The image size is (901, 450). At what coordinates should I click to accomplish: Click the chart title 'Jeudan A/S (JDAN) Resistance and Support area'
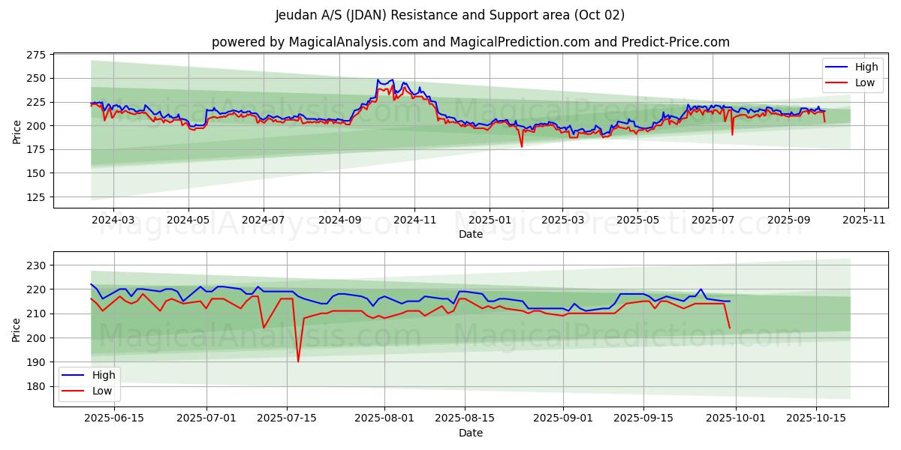coord(450,15)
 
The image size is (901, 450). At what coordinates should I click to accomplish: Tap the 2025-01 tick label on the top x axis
coord(490,220)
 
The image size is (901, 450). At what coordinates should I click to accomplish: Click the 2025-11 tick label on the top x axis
coord(864,220)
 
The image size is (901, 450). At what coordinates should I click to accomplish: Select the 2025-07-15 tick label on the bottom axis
coord(287,418)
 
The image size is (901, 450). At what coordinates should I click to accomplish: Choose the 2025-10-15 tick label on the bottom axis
coord(815,418)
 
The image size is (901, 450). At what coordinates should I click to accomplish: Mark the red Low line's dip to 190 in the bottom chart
coord(298,361)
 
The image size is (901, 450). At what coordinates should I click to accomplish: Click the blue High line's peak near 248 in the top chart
coord(378,79)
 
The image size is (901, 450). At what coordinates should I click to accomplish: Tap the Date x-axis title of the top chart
coord(471,234)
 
